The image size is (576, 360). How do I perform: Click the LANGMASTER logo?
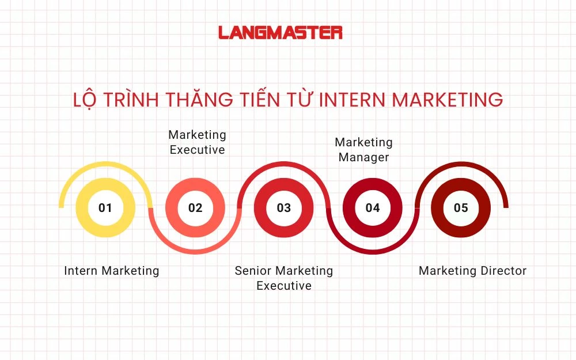point(281,32)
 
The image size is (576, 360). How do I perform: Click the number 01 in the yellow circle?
point(105,208)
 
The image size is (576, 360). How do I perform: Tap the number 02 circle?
point(195,208)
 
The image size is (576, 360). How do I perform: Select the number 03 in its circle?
point(284,208)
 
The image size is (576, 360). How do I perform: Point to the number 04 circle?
point(373,208)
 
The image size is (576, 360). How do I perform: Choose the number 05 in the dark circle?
point(461,208)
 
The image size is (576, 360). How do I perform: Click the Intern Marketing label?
point(111,271)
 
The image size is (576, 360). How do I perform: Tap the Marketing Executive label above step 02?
point(197,142)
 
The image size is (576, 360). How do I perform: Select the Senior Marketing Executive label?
point(284,278)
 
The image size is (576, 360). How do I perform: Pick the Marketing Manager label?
point(363,150)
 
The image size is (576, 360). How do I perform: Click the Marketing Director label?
point(472,271)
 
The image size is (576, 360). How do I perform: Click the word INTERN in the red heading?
point(353,100)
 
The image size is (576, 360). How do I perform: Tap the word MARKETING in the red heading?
point(448,100)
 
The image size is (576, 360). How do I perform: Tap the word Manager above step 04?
point(363,157)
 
